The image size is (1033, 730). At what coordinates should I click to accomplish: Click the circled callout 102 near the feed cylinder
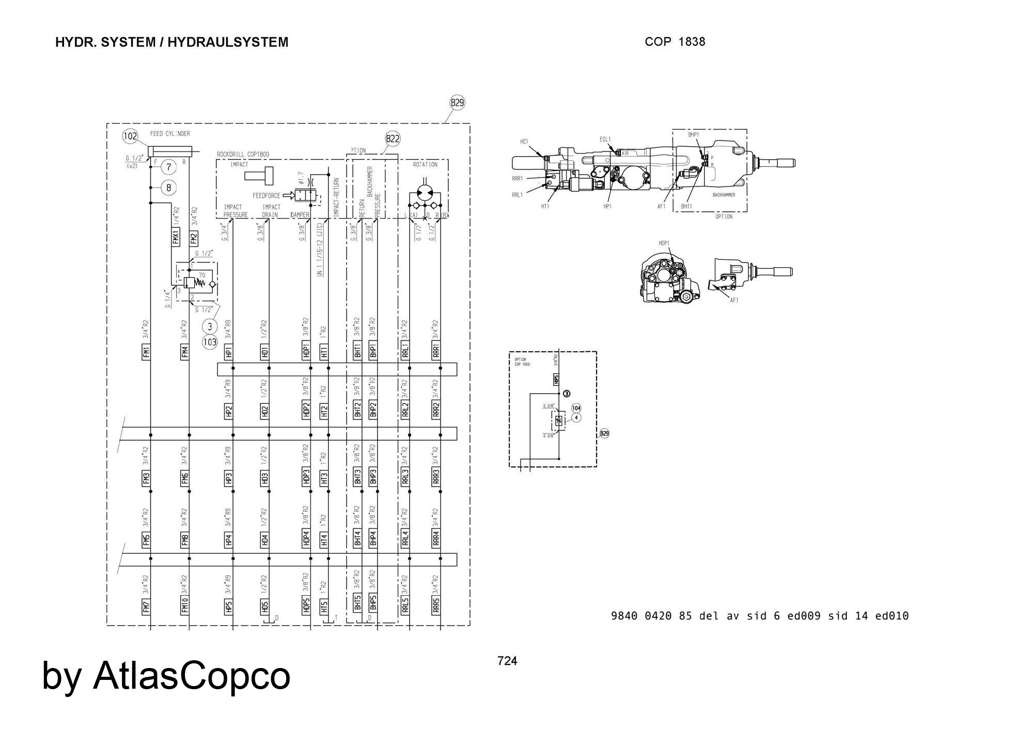click(x=130, y=136)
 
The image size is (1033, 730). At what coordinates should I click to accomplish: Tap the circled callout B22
click(x=393, y=138)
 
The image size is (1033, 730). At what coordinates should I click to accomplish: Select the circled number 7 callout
click(x=168, y=166)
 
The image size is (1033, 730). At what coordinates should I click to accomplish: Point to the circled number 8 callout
click(x=168, y=188)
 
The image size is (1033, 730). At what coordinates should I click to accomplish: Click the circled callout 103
click(x=210, y=341)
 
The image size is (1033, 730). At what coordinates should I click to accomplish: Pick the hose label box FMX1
click(x=176, y=236)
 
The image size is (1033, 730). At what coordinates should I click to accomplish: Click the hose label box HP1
click(x=229, y=352)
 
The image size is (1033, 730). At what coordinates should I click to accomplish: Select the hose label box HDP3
click(x=306, y=477)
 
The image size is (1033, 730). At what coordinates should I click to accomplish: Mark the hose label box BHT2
click(x=357, y=410)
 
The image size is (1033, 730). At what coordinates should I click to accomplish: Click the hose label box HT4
click(x=324, y=540)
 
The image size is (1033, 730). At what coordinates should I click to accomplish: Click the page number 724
click(x=507, y=661)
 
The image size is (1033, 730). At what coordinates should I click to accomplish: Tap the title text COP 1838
click(x=675, y=42)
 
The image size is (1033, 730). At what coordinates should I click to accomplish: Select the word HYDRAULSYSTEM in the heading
click(x=228, y=42)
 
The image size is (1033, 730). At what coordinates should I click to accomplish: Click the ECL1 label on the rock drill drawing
click(x=605, y=139)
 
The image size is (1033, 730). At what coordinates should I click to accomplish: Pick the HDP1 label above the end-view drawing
click(x=664, y=243)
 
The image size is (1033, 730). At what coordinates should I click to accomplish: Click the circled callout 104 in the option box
click(x=576, y=408)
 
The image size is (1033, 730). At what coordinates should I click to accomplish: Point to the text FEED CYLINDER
click(x=170, y=134)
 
